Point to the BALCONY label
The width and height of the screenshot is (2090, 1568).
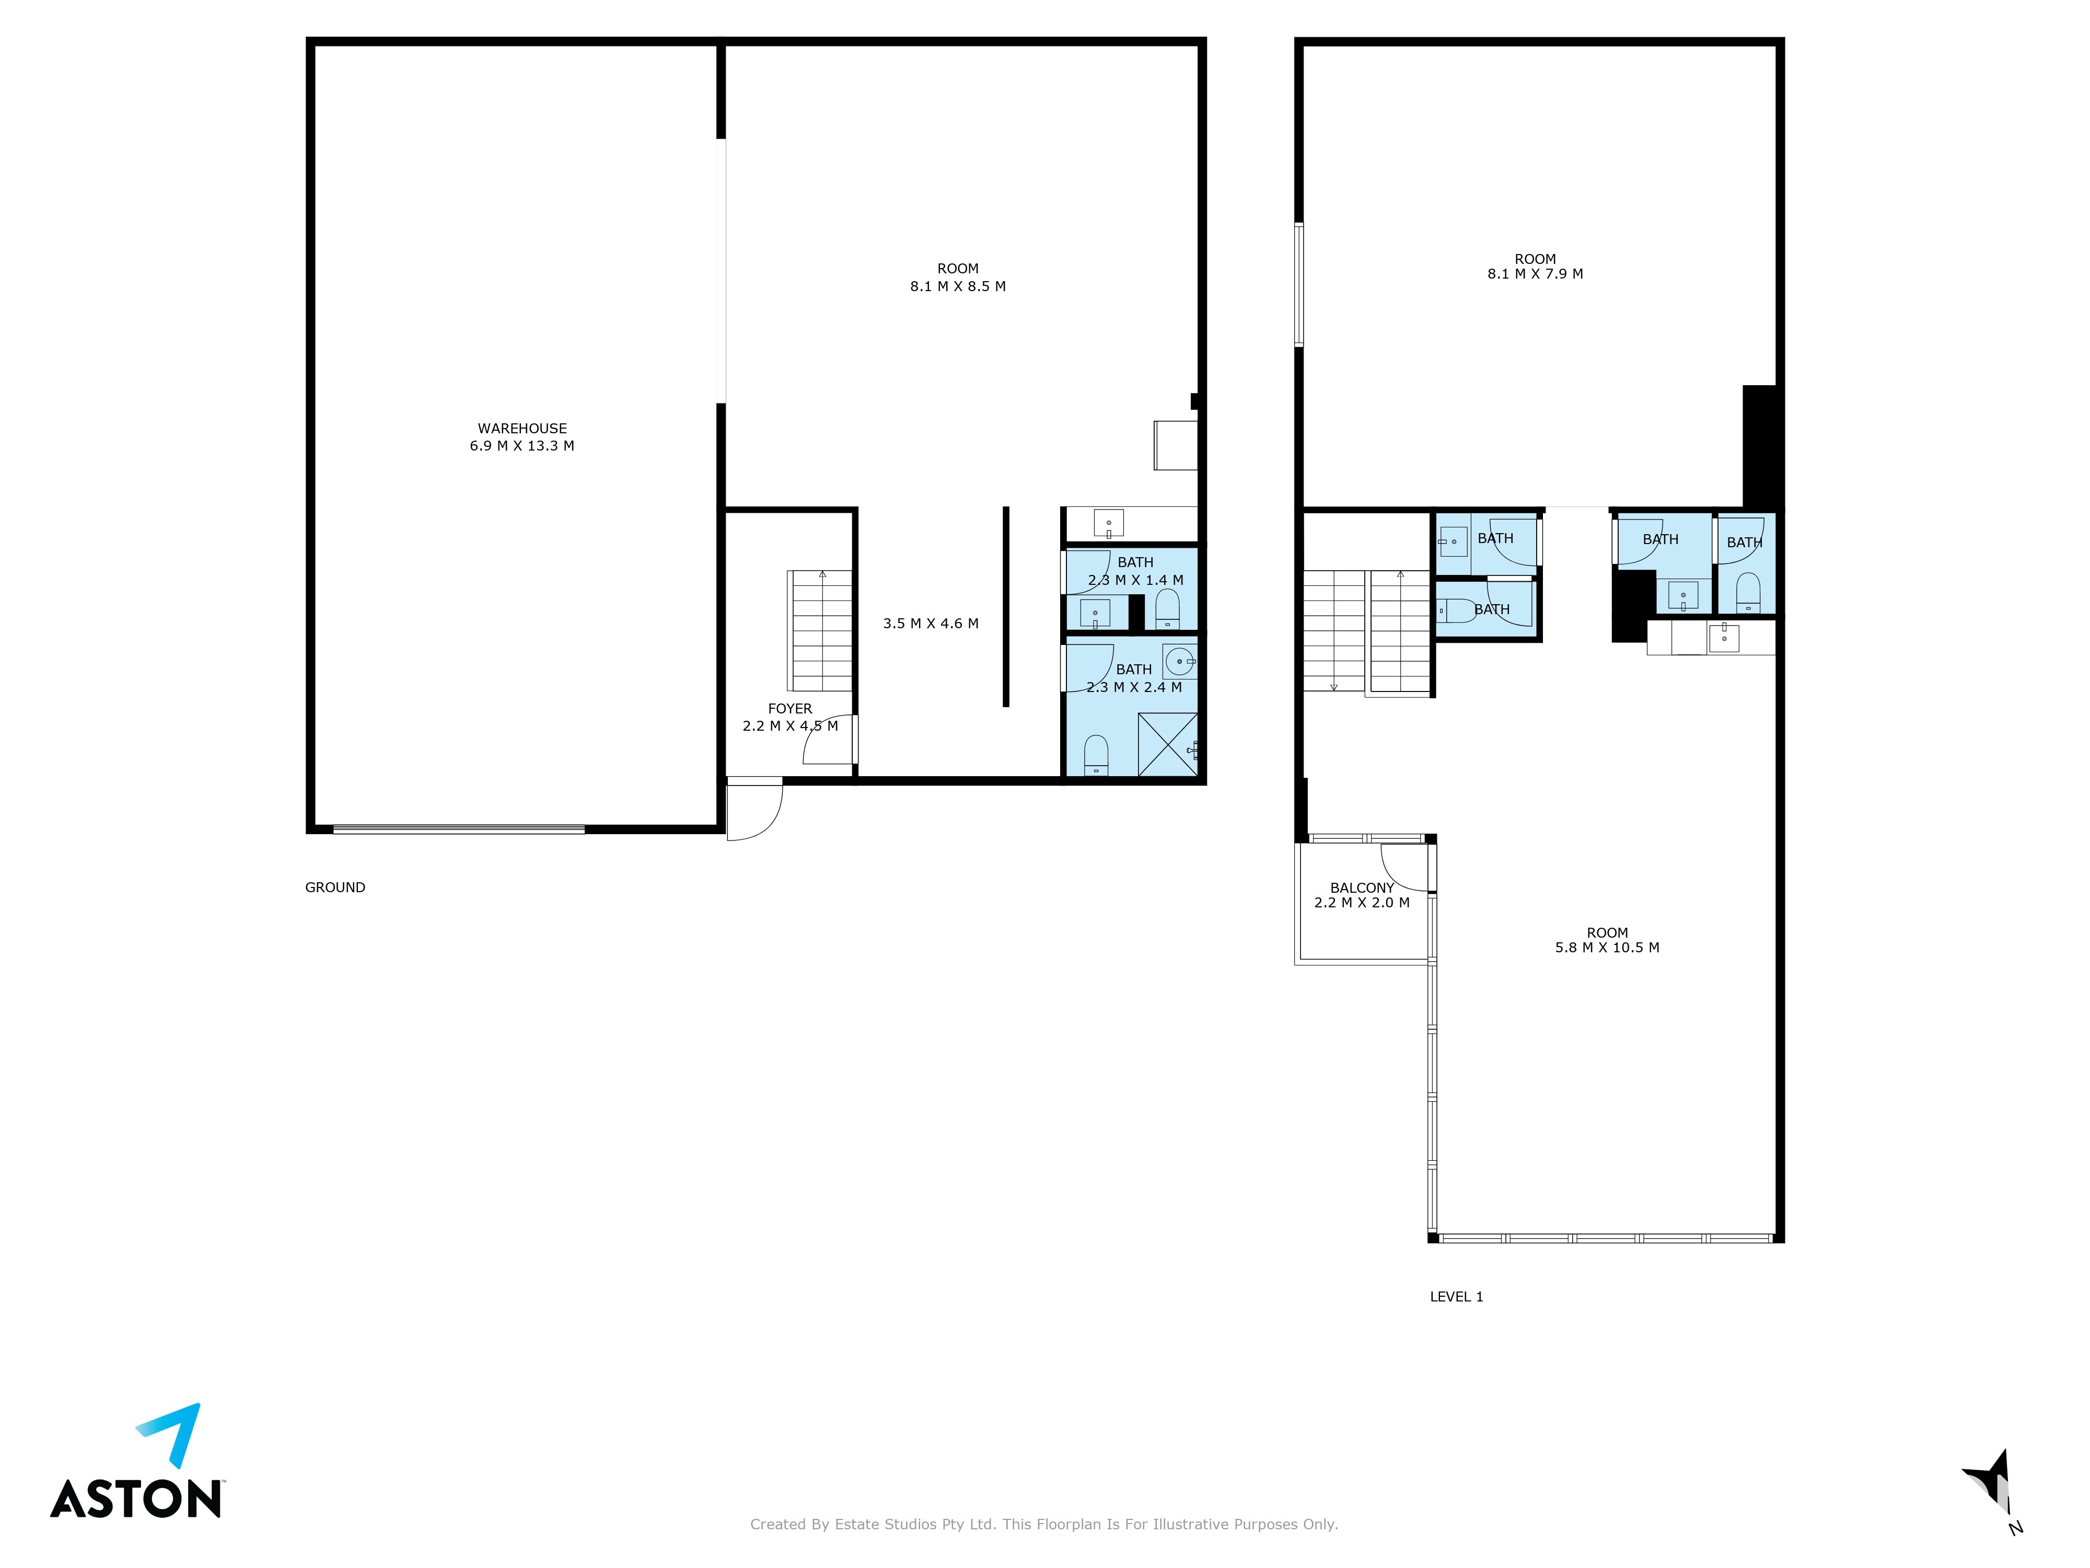coord(1362,887)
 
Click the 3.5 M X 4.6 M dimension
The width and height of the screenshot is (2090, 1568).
coord(931,624)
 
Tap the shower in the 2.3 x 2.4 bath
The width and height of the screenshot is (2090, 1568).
coord(1168,745)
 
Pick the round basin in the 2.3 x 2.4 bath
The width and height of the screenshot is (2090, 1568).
coord(1180,662)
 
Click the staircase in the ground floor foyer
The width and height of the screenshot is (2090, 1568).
coord(820,630)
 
